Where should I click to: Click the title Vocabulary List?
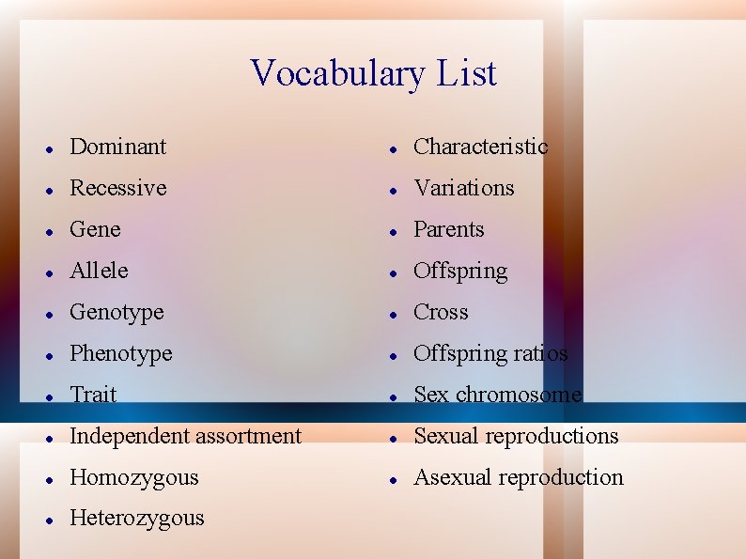(373, 73)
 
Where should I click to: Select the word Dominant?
(117, 147)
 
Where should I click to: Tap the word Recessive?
(117, 188)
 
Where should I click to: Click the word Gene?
(95, 229)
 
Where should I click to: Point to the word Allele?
(99, 271)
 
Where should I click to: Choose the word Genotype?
(117, 312)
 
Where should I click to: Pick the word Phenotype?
(121, 353)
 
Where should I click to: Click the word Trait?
(93, 395)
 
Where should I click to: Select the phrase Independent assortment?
(185, 436)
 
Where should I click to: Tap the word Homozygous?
(134, 477)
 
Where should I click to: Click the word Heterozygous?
(136, 518)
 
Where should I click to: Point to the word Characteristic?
(480, 147)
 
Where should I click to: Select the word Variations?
(464, 188)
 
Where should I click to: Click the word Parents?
(449, 229)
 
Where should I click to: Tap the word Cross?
(441, 312)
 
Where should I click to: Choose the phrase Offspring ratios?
(490, 353)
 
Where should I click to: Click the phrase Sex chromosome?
(498, 395)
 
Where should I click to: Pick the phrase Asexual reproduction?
(519, 477)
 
